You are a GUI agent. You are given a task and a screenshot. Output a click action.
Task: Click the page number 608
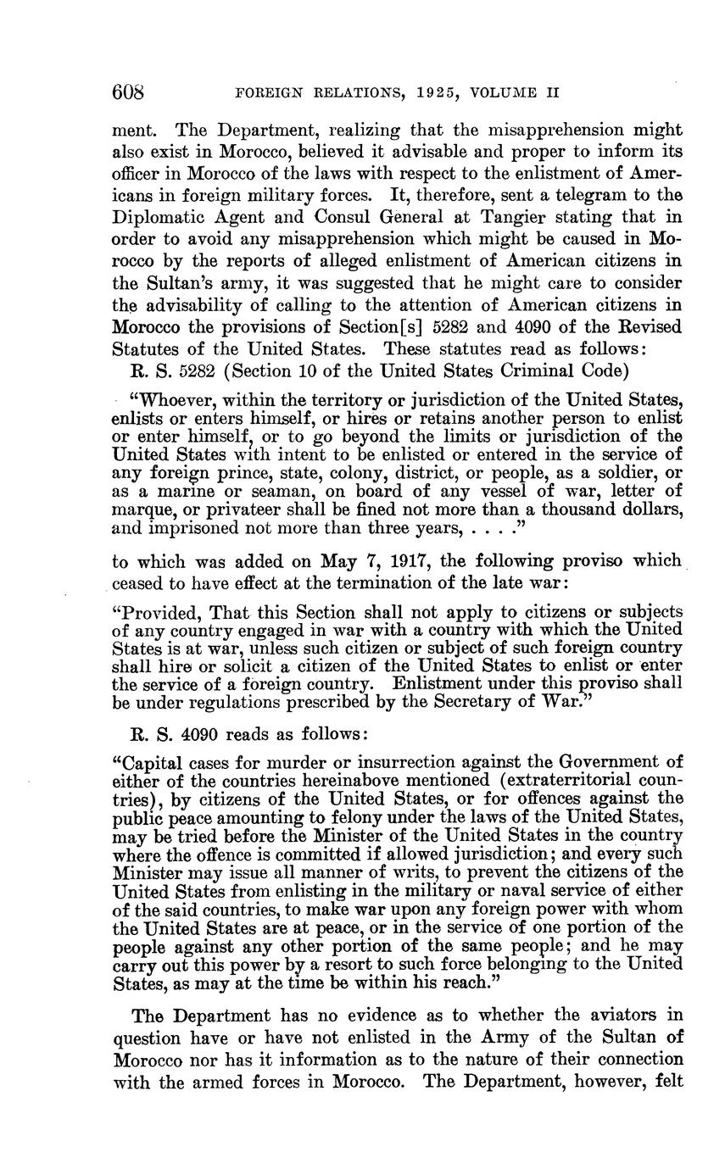pos(130,92)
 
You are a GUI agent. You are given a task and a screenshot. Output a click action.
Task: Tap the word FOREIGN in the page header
pos(270,92)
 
